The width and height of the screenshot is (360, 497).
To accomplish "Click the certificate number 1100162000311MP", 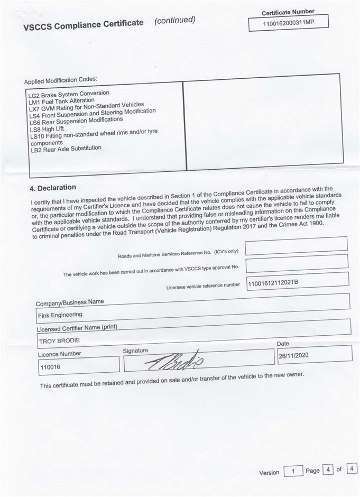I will click(288, 23).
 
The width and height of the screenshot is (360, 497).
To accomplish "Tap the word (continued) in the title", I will click(174, 20).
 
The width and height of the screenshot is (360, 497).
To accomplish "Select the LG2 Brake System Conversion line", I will click(69, 94).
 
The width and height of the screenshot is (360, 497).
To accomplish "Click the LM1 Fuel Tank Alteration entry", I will click(62, 100).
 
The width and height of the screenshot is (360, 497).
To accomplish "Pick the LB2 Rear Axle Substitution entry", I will click(66, 149).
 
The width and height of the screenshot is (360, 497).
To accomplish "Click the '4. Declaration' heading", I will click(53, 188).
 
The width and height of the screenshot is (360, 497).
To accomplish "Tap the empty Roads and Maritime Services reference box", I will click(296, 244).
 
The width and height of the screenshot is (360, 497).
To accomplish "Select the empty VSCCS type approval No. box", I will click(296, 262).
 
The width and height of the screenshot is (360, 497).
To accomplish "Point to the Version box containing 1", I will click(294, 471).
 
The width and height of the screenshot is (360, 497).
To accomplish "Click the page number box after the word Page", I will click(328, 470).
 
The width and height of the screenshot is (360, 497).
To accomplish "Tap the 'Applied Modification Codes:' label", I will click(60, 81).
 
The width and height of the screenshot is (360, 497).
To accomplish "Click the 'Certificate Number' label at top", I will click(288, 12).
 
